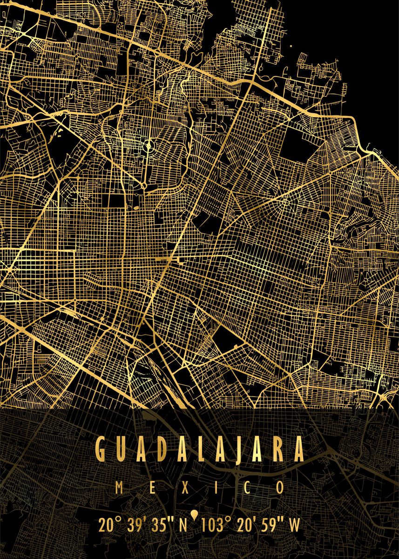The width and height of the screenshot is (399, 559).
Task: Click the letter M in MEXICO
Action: (x=119, y=488)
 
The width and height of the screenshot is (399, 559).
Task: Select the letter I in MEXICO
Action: (x=216, y=488)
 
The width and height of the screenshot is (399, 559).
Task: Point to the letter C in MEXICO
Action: (x=247, y=488)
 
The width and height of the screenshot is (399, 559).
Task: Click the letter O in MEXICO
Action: (x=280, y=488)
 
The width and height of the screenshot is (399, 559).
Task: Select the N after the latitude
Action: (x=183, y=525)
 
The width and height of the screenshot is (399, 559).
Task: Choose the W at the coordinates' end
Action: (x=295, y=525)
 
